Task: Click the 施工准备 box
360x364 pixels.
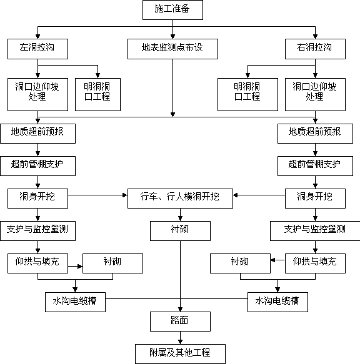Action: tap(172, 10)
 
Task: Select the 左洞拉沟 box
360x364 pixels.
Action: tap(37, 49)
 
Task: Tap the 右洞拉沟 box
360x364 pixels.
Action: tap(315, 49)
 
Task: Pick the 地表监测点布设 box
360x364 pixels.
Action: tap(172, 49)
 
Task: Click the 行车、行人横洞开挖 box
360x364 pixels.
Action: tap(180, 199)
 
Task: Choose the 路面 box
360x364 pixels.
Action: tap(180, 322)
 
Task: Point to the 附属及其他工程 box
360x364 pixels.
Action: tap(180, 354)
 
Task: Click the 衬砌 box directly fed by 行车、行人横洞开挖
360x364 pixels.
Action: tap(180, 231)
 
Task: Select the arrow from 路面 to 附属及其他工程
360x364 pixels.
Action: tap(180, 338)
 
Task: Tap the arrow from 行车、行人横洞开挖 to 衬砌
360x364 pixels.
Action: tap(180, 215)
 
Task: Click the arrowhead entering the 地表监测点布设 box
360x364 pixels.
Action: tap(172, 36)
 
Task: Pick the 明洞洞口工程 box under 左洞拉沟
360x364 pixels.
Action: tap(97, 94)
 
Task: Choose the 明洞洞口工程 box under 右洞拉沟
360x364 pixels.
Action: tap(247, 94)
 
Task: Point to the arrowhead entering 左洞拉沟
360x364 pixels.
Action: tap(37, 36)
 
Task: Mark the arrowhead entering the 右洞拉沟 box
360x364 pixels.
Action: tap(315, 36)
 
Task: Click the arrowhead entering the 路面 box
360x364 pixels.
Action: tap(180, 309)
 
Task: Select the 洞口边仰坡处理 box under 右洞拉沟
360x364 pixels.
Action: tap(315, 94)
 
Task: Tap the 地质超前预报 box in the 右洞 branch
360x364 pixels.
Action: tap(315, 133)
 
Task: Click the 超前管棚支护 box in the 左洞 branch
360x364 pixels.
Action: tap(37, 165)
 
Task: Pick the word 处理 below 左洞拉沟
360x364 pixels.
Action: tap(37, 96)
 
